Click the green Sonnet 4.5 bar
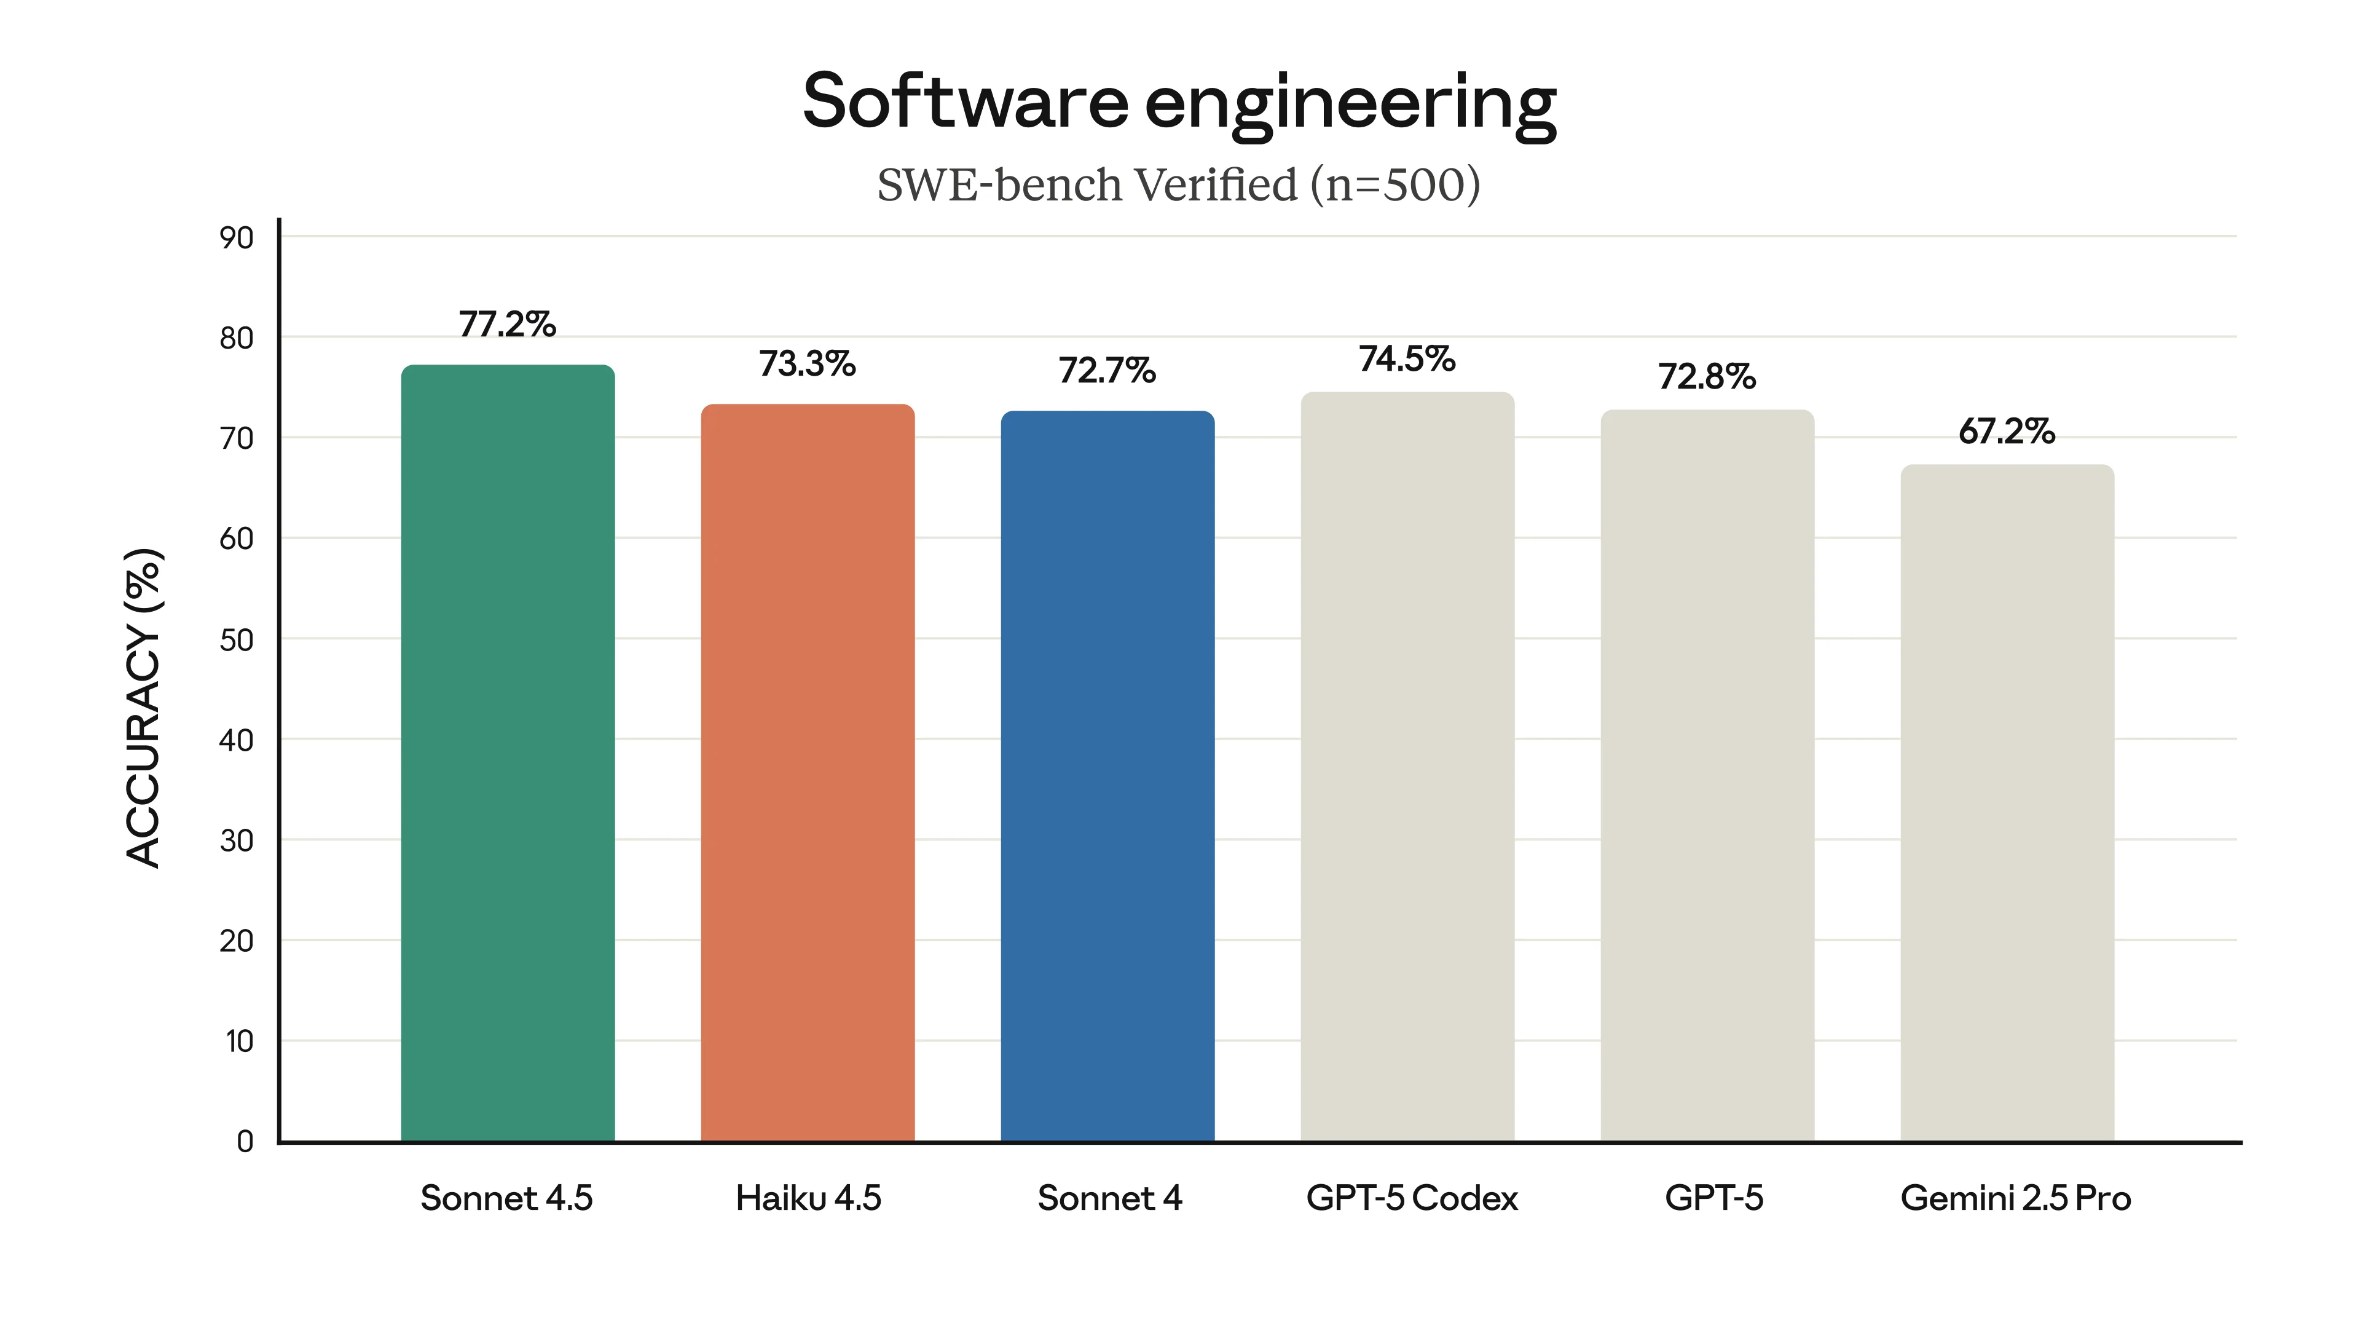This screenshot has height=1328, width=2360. (x=508, y=751)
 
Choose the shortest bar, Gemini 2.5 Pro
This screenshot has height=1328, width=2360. (x=2007, y=802)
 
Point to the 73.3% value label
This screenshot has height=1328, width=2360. (x=806, y=364)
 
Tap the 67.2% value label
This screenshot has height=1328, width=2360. (x=2007, y=431)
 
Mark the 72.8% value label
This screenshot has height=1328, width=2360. (x=1706, y=377)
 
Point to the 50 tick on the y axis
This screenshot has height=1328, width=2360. (x=237, y=639)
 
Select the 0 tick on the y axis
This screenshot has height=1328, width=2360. (x=245, y=1141)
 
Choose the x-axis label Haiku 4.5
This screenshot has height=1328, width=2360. (x=807, y=1198)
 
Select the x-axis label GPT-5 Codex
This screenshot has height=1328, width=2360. (x=1411, y=1198)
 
